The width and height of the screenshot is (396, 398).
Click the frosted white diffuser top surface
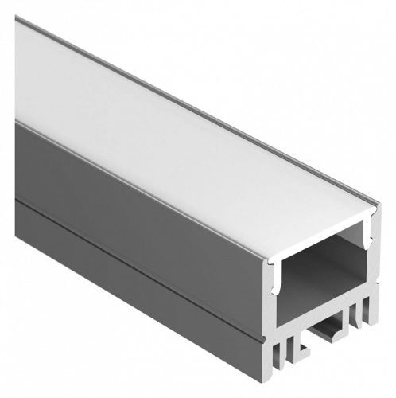pos(183,135)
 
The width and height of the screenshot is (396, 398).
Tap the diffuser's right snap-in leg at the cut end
pos(367,236)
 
